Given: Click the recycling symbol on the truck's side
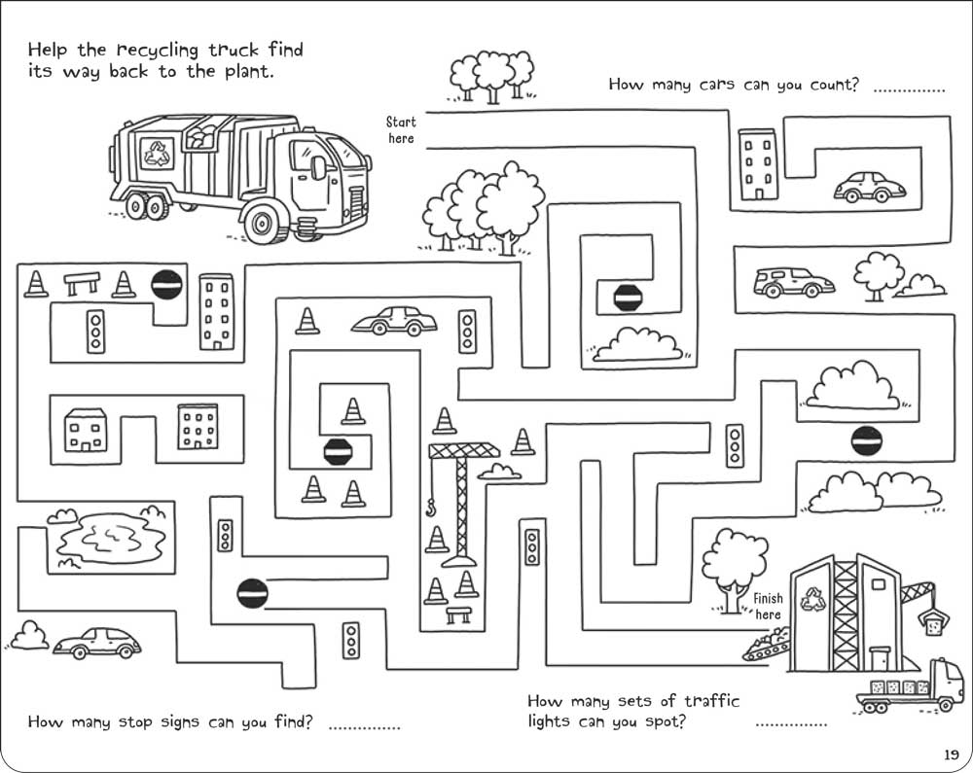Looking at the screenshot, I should pyautogui.click(x=156, y=151).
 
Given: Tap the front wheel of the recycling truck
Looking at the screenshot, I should pyautogui.click(x=263, y=225).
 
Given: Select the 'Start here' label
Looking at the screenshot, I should pyautogui.click(x=400, y=130).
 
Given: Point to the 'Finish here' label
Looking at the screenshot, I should pyautogui.click(x=768, y=607).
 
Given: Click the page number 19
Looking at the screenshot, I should pyautogui.click(x=951, y=754).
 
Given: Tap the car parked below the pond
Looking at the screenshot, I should pyautogui.click(x=97, y=642).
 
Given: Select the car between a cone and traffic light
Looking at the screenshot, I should pyautogui.click(x=394, y=321).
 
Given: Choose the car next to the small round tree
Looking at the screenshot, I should pyautogui.click(x=793, y=283).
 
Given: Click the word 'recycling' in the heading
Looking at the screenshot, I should pyautogui.click(x=158, y=49).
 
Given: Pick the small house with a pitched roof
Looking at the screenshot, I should pyautogui.click(x=85, y=428).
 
